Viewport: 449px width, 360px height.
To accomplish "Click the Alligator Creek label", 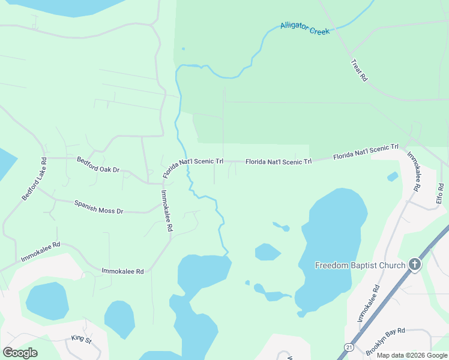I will click(x=305, y=28).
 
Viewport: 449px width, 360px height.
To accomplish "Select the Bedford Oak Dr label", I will click(x=98, y=165).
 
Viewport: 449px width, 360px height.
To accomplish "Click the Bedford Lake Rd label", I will click(x=35, y=179).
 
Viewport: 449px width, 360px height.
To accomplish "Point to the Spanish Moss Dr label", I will click(x=98, y=207).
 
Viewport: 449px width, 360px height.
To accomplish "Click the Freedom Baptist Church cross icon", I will click(x=414, y=265).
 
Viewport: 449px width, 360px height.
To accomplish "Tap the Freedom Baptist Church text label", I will click(x=361, y=265).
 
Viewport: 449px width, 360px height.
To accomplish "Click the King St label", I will click(x=80, y=340).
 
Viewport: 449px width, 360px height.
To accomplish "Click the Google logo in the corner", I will click(x=20, y=352).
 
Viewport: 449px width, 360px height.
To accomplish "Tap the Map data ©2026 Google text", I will click(x=412, y=355).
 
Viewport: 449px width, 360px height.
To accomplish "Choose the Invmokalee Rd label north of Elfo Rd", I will click(x=414, y=170).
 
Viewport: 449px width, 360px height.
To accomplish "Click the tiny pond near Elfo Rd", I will click(x=393, y=176).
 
